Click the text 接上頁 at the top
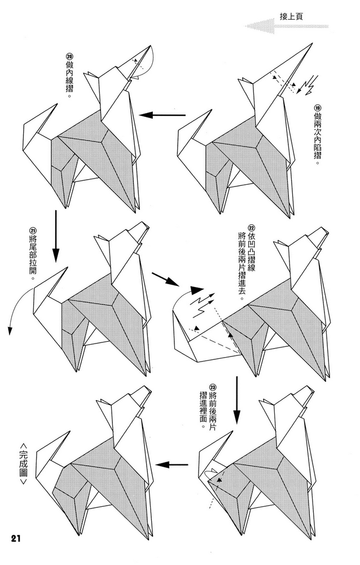point(291,17)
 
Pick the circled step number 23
point(212,387)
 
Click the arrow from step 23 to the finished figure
point(172,465)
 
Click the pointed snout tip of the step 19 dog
point(310,44)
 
